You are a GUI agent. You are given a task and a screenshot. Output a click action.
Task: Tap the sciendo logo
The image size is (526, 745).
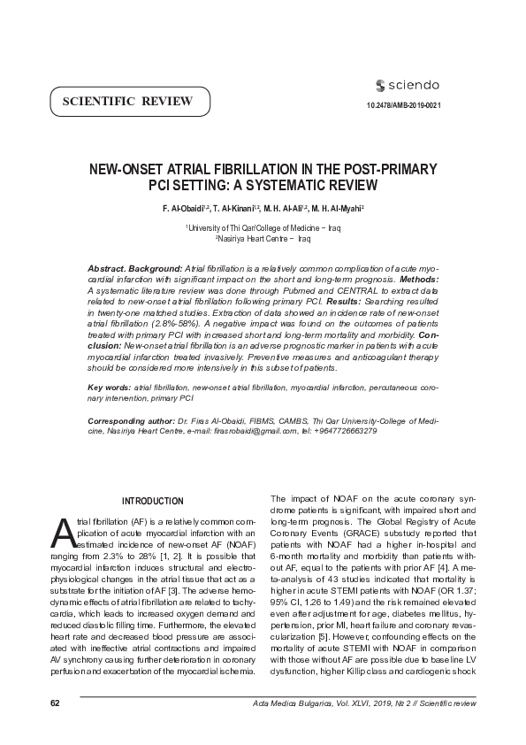point(408,85)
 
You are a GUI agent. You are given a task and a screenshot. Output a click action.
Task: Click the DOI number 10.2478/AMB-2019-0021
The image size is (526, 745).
point(403,106)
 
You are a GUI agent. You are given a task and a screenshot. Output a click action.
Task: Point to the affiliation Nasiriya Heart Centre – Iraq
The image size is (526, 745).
point(263,239)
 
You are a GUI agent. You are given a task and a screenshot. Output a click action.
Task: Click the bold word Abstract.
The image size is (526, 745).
point(110,267)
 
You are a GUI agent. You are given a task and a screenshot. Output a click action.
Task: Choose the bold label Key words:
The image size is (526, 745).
point(109,388)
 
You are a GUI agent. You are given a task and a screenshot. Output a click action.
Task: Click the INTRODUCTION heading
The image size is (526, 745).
point(153,502)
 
